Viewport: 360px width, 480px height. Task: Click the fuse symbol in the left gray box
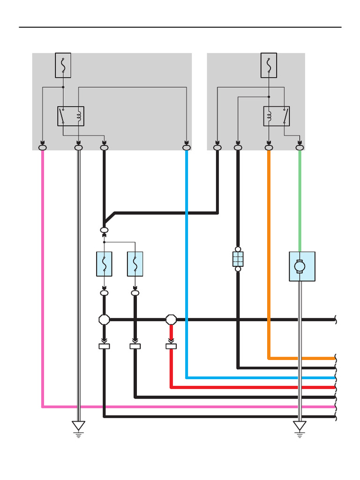coord(63,65)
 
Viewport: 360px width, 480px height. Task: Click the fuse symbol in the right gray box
coord(269,65)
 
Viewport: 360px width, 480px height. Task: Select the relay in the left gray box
coord(71,116)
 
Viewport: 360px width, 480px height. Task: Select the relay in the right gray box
coord(277,116)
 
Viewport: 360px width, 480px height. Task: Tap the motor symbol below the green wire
coord(302,266)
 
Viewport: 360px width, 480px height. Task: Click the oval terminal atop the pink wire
coord(43,148)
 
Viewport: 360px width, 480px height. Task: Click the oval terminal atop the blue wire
coord(187,148)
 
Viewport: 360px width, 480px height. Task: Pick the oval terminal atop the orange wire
coord(269,148)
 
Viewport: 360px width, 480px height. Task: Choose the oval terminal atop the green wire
coord(300,148)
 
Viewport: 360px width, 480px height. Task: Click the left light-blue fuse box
coord(104,264)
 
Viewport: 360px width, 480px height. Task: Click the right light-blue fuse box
coord(135,264)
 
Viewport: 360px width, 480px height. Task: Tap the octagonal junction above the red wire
coord(171,320)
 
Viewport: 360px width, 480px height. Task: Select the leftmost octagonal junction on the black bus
coord(104,320)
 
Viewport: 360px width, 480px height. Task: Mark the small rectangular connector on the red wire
coord(171,346)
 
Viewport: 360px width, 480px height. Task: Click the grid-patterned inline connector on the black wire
coord(238,259)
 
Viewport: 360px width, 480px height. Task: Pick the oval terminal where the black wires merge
coord(104,230)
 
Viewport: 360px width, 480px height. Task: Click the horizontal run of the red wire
coord(253,387)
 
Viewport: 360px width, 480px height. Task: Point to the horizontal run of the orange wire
coord(302,358)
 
